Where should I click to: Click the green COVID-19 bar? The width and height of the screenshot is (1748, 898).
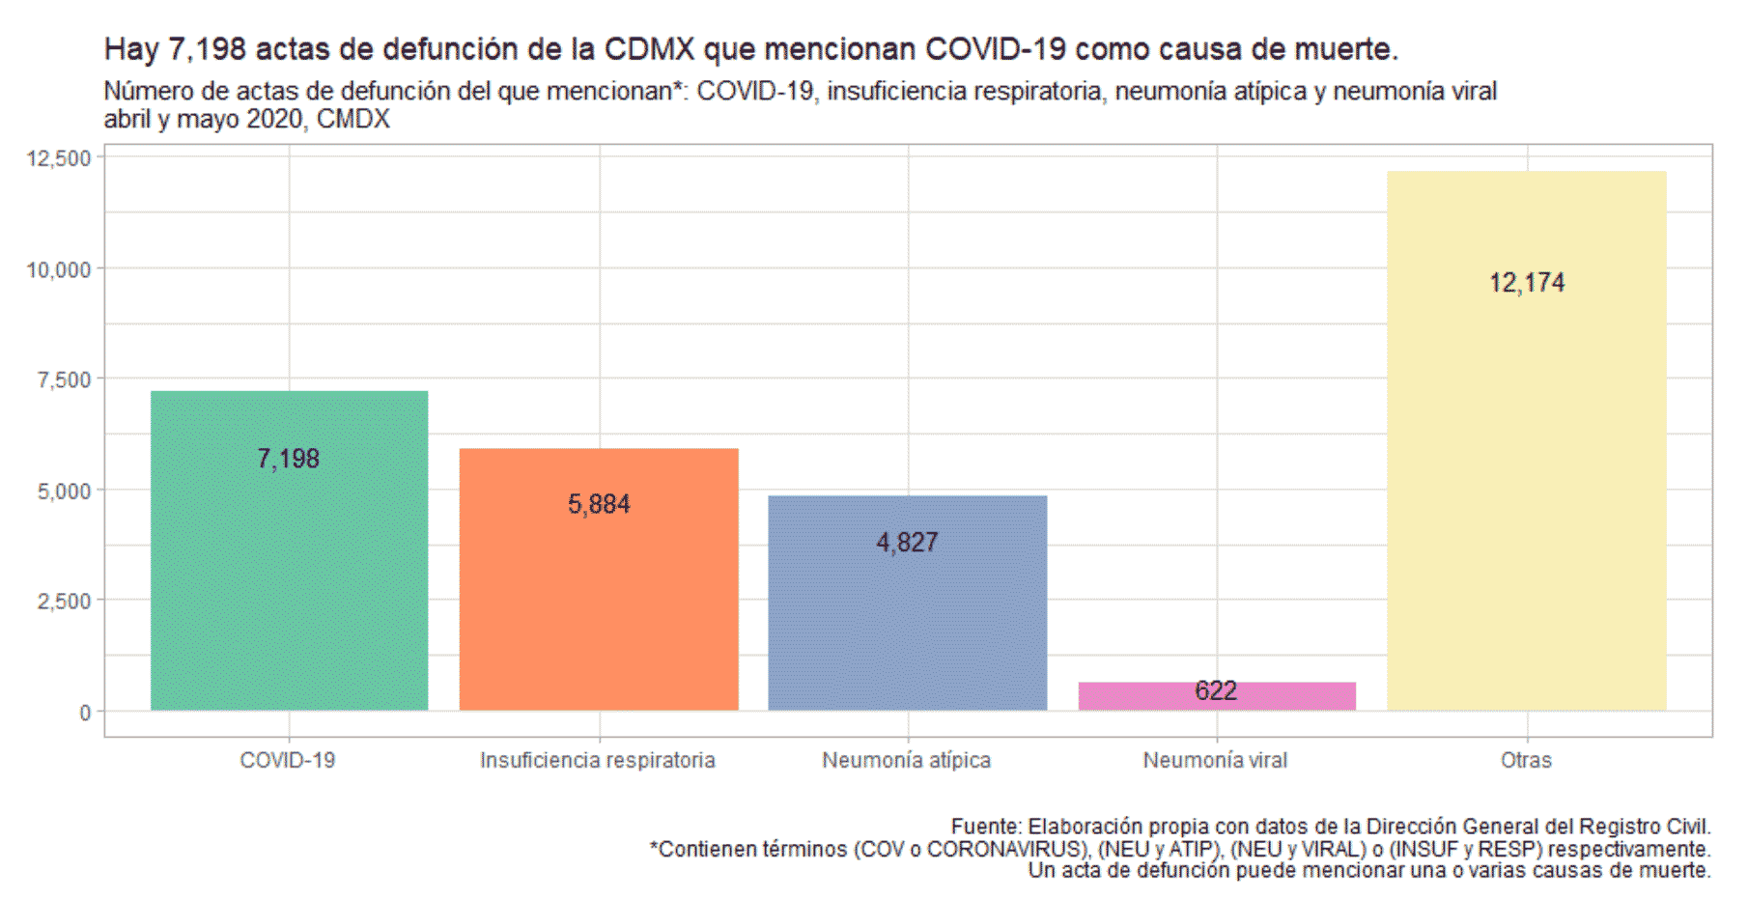pyautogui.click(x=289, y=579)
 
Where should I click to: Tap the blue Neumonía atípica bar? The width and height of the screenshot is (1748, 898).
pyautogui.click(x=907, y=628)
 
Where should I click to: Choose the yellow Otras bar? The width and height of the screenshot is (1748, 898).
pyautogui.click(x=1526, y=483)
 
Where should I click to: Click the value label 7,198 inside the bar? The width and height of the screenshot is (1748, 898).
pyautogui.click(x=289, y=459)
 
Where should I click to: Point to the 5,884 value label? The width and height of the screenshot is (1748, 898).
pyautogui.click(x=599, y=504)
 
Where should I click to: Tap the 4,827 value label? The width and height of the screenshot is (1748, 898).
pyautogui.click(x=907, y=543)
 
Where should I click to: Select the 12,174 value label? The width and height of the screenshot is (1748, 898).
pyautogui.click(x=1526, y=283)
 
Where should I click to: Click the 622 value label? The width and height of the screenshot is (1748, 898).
pyautogui.click(x=1215, y=691)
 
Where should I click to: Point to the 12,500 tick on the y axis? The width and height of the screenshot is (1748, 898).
pyautogui.click(x=59, y=158)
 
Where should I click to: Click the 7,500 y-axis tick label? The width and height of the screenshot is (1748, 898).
pyautogui.click(x=65, y=380)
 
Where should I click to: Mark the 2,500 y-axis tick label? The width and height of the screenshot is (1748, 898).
pyautogui.click(x=65, y=602)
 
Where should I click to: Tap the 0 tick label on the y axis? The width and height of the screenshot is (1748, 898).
pyautogui.click(x=85, y=713)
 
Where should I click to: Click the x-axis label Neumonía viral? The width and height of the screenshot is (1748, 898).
pyautogui.click(x=1215, y=761)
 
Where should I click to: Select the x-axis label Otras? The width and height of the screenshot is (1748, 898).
pyautogui.click(x=1526, y=761)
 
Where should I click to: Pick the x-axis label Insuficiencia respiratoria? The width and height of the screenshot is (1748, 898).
pyautogui.click(x=598, y=761)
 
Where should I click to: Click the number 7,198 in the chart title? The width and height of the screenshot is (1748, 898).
pyautogui.click(x=207, y=49)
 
